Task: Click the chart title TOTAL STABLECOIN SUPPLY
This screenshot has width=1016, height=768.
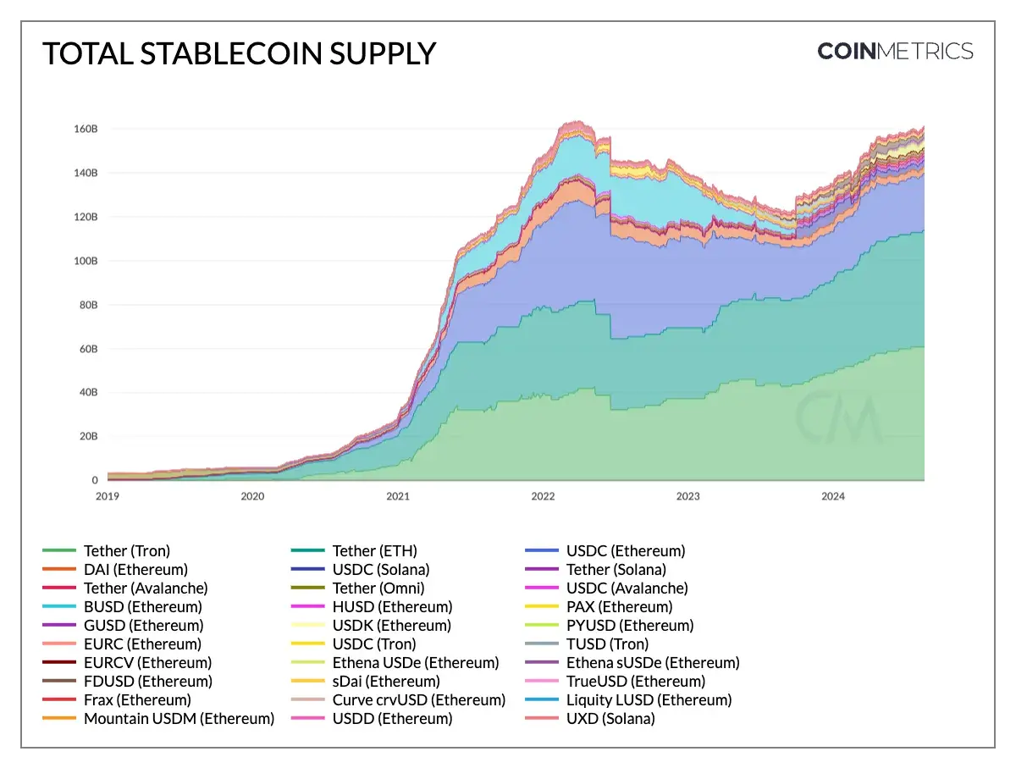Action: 239,53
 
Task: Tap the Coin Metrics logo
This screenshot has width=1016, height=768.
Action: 895,52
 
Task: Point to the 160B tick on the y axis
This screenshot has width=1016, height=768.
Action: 86,129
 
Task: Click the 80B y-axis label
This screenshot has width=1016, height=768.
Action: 88,305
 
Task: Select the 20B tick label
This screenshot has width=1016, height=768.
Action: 88,437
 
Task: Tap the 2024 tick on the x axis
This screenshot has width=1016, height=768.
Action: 833,497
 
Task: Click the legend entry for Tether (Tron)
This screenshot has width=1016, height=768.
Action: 126,551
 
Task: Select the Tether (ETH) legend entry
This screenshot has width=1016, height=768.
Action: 374,551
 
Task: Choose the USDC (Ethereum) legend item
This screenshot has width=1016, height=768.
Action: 625,551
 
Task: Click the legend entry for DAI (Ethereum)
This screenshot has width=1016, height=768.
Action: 135,570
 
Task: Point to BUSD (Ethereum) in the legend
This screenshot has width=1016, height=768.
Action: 142,607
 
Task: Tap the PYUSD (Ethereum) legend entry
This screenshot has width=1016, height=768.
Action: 629,626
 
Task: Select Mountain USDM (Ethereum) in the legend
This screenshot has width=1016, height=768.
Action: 179,719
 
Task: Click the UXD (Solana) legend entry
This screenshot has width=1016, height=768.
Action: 610,719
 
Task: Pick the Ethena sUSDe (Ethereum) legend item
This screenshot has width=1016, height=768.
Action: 652,663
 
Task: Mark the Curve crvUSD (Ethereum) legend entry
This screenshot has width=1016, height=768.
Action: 418,700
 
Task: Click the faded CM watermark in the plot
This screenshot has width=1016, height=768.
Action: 838,416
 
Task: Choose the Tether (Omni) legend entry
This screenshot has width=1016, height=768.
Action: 378,588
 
